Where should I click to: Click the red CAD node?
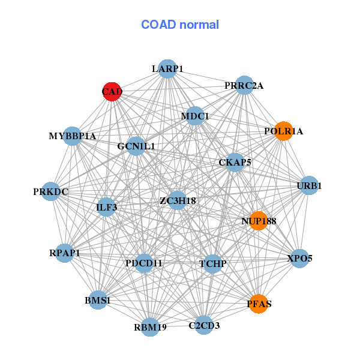(112, 92)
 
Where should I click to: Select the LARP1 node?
(167, 69)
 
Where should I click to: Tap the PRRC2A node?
(244, 85)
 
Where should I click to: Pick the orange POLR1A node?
(284, 131)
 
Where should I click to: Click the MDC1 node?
(195, 116)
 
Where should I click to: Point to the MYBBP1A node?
(73, 136)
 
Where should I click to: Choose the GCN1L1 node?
(136, 146)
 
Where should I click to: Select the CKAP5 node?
(235, 162)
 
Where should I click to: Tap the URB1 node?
(309, 185)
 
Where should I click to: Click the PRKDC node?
(51, 192)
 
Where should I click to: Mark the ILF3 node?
(106, 208)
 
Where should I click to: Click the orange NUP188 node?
(259, 221)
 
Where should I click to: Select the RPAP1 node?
(65, 253)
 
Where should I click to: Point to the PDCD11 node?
(144, 263)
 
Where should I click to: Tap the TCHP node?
(212, 263)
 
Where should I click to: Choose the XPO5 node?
(300, 258)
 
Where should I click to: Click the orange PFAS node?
(259, 304)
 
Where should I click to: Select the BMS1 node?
(97, 299)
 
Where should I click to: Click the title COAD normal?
(180, 25)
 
